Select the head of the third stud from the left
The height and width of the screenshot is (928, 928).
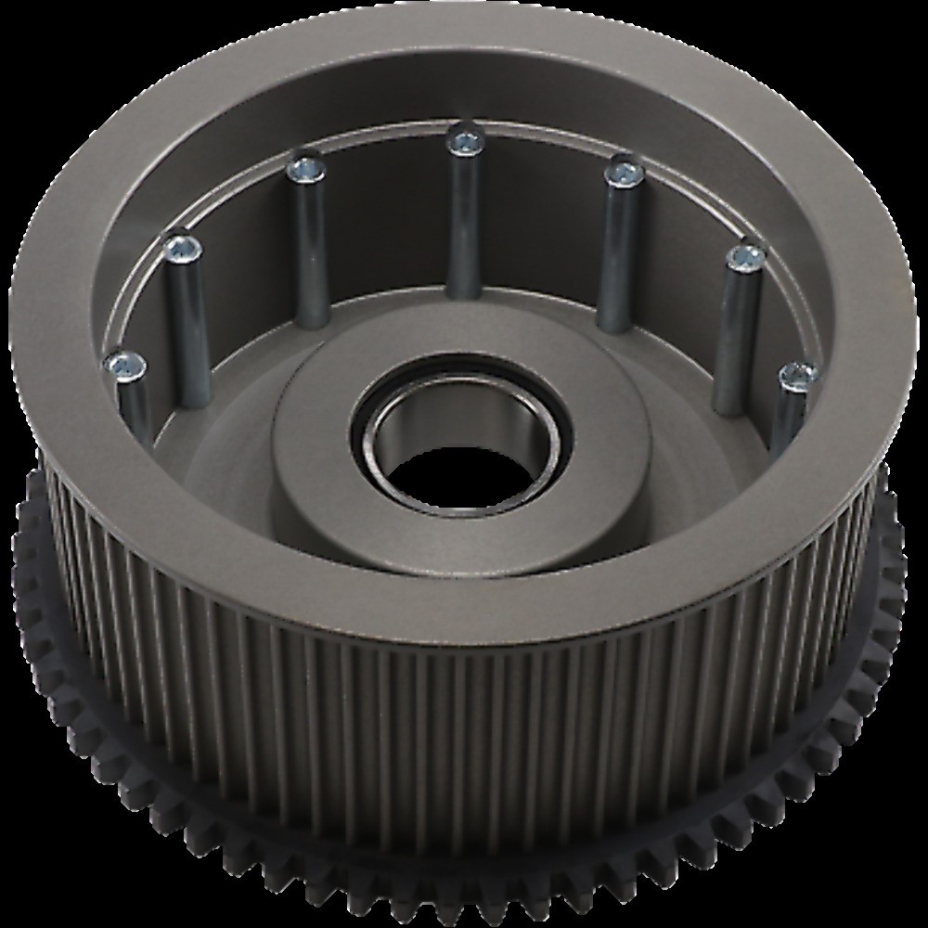[x=303, y=169]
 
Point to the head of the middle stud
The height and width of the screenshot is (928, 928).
[x=464, y=141]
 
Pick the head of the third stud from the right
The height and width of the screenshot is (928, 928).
[x=624, y=173]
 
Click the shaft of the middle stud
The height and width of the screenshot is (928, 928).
[x=463, y=223]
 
